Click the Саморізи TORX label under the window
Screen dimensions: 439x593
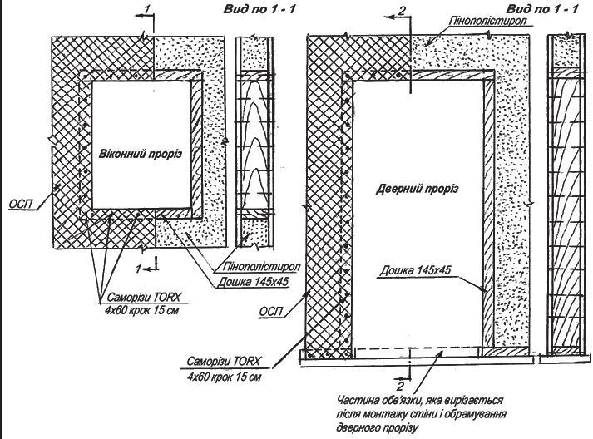pos(144,296)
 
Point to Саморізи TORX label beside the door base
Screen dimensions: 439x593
pos(225,363)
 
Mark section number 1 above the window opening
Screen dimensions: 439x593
pos(147,7)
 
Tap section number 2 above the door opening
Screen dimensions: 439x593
pos(403,10)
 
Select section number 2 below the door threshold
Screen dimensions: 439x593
pos(402,386)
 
